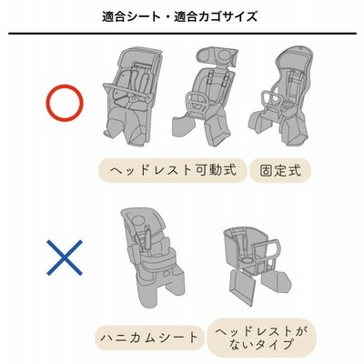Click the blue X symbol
[x=65, y=258]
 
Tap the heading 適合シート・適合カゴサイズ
[x=179, y=16]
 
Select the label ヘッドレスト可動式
[x=172, y=170]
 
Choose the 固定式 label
[x=280, y=171]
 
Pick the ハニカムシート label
[x=149, y=338]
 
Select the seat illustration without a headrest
[x=257, y=265]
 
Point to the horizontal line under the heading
[x=182, y=34]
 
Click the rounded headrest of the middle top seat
[x=217, y=56]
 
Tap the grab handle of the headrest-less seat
[x=267, y=253]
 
